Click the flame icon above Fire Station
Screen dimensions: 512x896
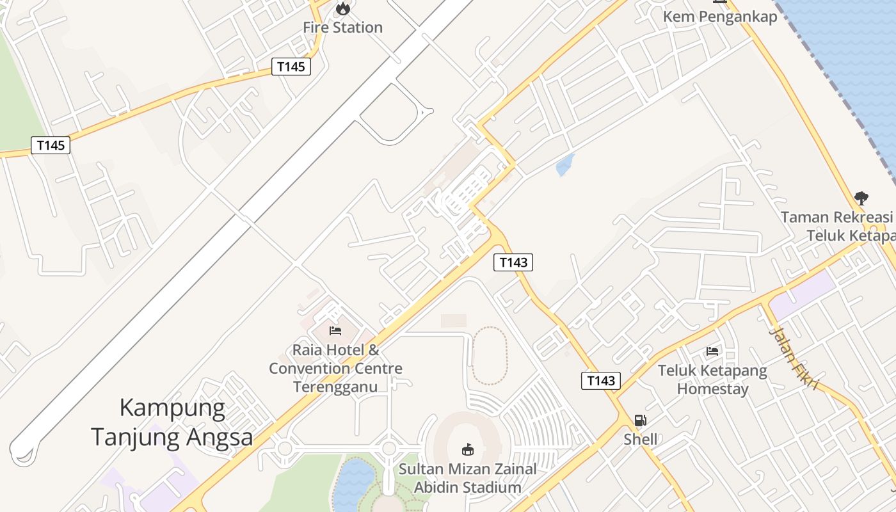pos(343,8)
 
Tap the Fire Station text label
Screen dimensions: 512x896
pos(343,28)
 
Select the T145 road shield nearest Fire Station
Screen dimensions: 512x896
pos(291,67)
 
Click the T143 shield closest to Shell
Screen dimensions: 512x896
pos(601,381)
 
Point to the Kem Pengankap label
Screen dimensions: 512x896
pos(720,17)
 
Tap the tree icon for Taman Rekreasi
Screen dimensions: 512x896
pos(861,198)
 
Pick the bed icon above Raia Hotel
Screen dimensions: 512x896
pos(335,331)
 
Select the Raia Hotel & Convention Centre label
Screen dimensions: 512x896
pos(335,369)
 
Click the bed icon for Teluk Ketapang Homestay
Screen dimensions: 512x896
pos(712,351)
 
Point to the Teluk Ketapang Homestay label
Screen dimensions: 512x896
pos(712,380)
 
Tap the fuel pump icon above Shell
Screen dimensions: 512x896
pos(640,420)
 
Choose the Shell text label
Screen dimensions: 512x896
pos(640,440)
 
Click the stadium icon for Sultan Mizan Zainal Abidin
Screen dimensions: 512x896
pos(468,449)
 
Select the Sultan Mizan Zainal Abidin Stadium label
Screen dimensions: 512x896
pos(468,478)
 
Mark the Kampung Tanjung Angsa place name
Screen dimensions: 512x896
pos(172,422)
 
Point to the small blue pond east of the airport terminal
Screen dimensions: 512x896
pos(565,165)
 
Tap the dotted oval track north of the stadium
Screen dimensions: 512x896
pos(490,356)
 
